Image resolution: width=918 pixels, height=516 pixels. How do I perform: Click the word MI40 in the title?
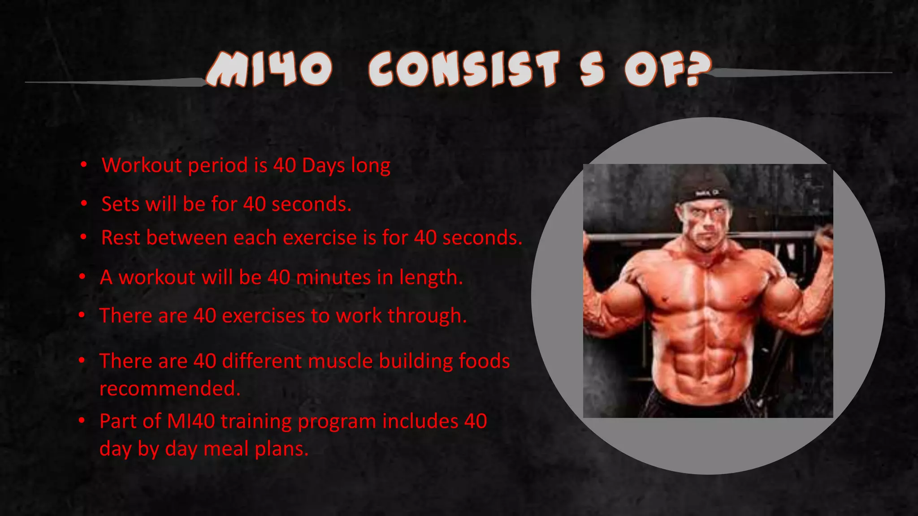[x=269, y=69]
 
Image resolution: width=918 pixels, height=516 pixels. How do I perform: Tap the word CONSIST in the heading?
[x=464, y=69]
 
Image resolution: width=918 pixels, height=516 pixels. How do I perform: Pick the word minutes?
[x=333, y=277]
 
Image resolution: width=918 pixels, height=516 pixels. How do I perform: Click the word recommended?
[x=170, y=388]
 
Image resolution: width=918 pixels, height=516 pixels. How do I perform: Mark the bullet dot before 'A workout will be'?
[x=82, y=277]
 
